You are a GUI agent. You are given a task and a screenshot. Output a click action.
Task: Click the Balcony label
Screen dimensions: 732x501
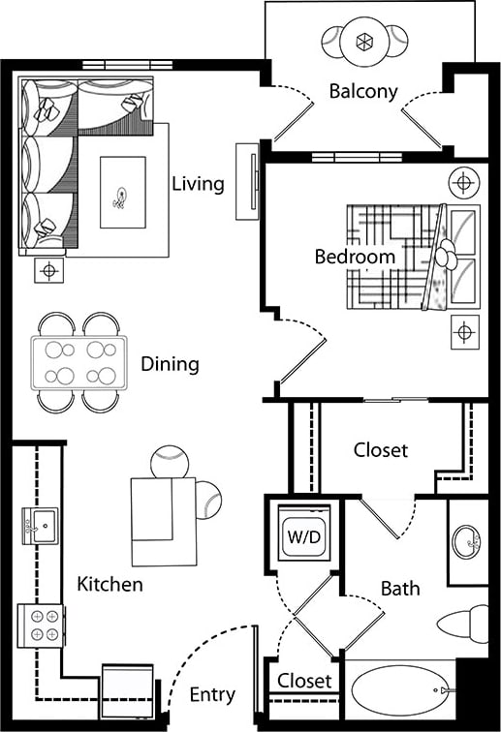(363, 92)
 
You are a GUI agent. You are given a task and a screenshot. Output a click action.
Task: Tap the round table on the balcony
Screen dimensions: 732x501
(365, 42)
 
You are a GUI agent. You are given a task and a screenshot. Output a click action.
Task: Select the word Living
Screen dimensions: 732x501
(198, 183)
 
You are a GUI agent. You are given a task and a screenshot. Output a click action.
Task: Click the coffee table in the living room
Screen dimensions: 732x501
(123, 193)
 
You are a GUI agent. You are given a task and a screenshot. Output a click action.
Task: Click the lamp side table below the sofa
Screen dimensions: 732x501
(48, 270)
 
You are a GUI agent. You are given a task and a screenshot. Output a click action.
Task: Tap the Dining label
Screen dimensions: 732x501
(170, 365)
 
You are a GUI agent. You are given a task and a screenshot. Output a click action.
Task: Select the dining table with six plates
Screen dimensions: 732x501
(78, 361)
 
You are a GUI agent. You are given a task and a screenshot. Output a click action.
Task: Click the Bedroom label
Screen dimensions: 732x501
(355, 257)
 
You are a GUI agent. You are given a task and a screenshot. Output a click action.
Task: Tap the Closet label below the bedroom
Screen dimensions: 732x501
(380, 450)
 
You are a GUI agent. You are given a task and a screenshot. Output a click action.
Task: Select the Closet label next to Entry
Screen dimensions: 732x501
(304, 682)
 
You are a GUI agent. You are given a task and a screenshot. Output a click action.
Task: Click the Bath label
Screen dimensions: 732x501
(399, 588)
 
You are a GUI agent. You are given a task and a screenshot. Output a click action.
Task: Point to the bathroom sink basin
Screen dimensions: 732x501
(467, 543)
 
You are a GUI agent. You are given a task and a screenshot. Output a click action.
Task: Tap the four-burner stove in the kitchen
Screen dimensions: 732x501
(41, 625)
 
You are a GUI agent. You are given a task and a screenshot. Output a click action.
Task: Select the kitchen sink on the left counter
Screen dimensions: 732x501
(39, 526)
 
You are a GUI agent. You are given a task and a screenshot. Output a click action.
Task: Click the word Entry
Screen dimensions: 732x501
(211, 694)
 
